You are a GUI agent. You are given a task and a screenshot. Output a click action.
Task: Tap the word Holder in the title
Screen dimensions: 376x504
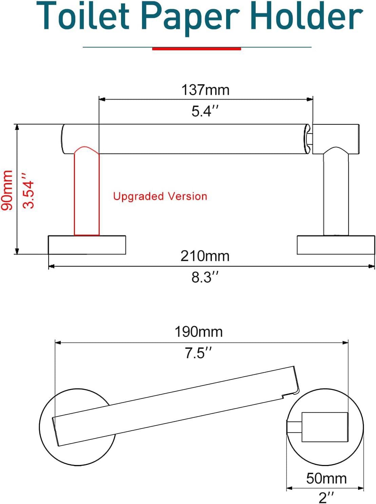[x=307, y=16]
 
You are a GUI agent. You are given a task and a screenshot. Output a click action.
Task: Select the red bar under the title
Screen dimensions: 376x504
[x=197, y=49]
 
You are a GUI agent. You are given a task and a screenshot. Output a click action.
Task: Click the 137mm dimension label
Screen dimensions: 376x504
[x=205, y=90]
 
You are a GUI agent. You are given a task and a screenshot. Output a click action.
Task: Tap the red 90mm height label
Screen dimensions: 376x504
[x=7, y=190]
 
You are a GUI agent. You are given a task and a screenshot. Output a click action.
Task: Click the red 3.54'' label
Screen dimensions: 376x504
[x=28, y=191]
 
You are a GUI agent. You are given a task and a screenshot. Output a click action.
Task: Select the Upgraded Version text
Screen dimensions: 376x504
[x=160, y=196]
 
